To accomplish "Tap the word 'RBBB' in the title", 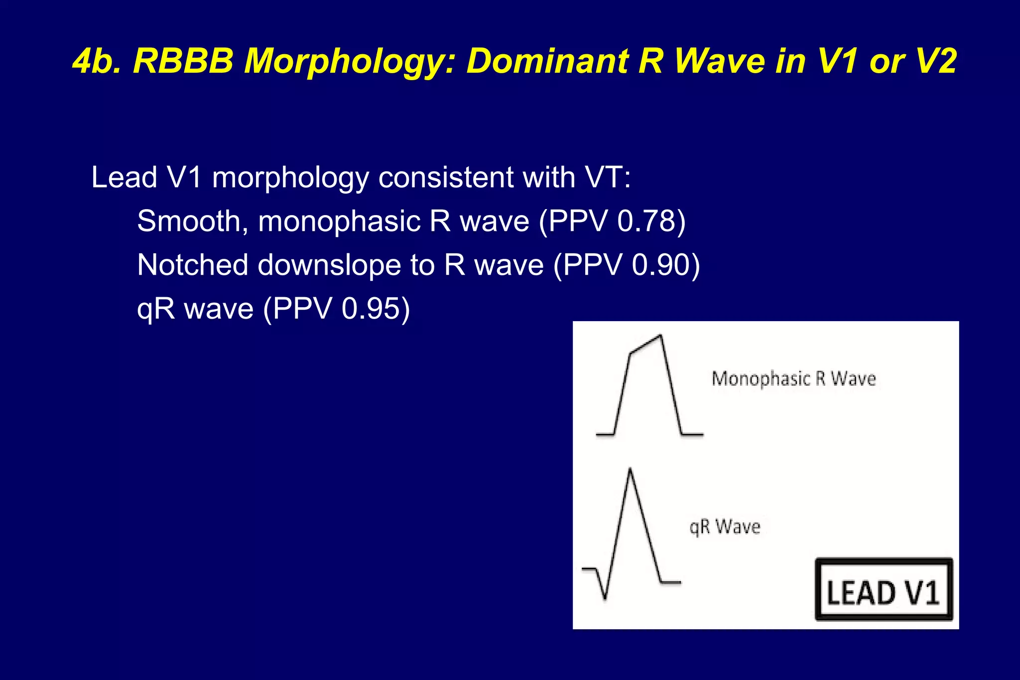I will [x=183, y=62].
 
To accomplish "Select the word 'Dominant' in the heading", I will [x=546, y=62].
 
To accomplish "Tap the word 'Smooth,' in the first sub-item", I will [x=192, y=221].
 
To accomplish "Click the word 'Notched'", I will [x=192, y=265].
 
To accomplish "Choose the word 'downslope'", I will [x=329, y=266].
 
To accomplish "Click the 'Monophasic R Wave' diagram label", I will [x=793, y=379].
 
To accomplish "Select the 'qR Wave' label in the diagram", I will [x=725, y=527].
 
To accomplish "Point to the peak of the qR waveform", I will [x=630, y=469].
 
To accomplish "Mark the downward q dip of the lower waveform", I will [x=605, y=597].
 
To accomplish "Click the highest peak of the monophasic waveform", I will [x=660, y=336].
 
